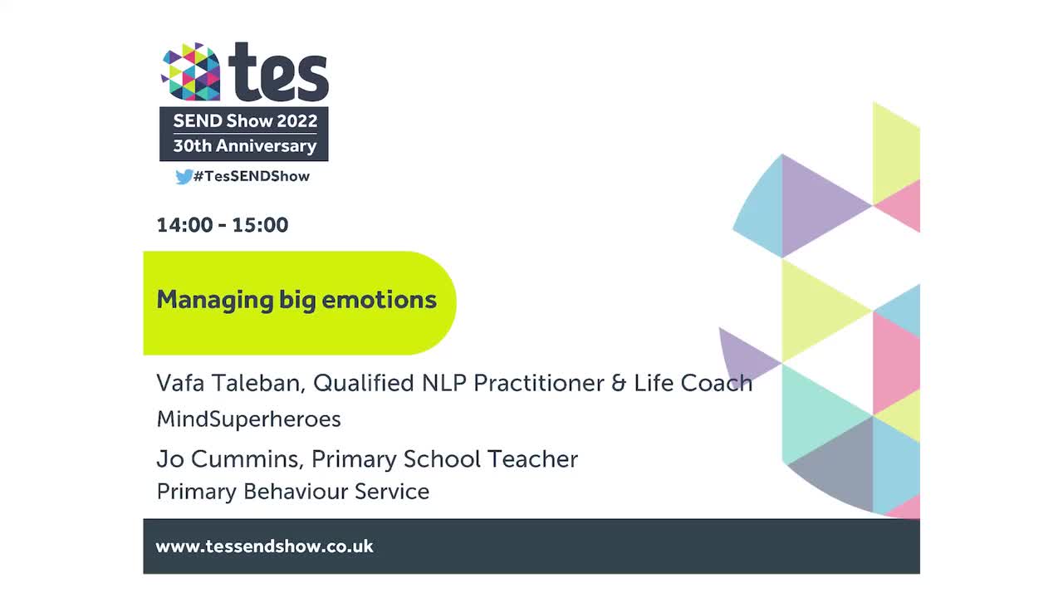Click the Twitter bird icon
tap(184, 176)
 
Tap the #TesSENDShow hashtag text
tap(252, 176)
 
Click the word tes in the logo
tap(278, 72)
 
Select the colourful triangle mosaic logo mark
tap(191, 72)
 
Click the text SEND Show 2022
tap(245, 121)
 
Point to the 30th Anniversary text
tap(245, 146)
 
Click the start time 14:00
tap(184, 225)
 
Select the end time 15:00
tap(260, 225)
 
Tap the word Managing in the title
tap(204, 300)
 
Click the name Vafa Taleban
tap(228, 383)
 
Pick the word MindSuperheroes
tap(248, 419)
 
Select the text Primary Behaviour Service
tap(292, 492)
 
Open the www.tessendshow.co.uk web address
tap(264, 547)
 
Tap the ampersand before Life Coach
tap(617, 384)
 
